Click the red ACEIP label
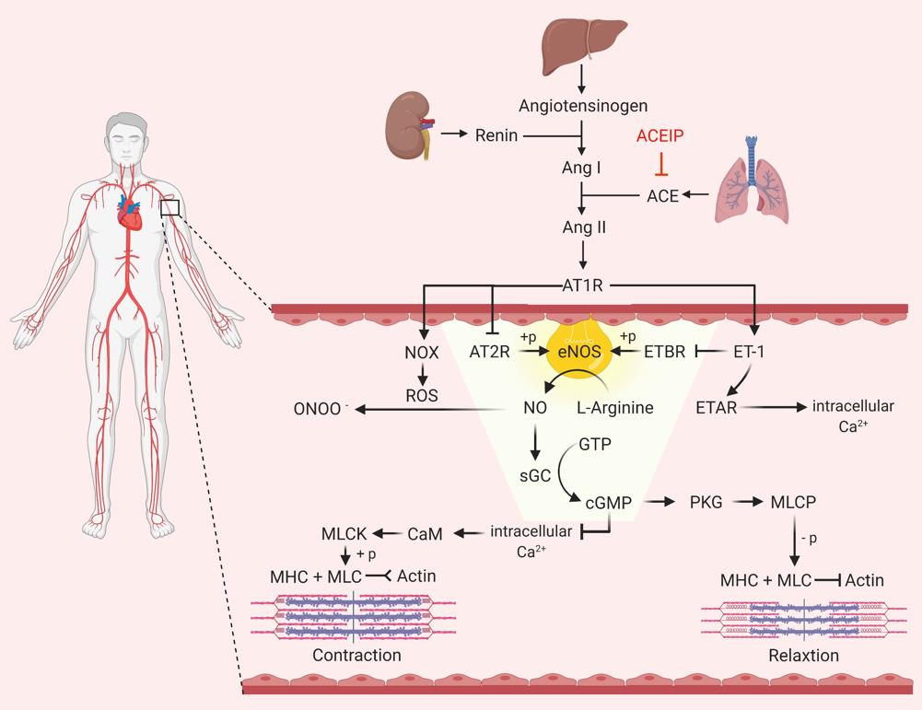(x=659, y=137)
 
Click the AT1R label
(x=582, y=285)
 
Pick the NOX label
(x=420, y=353)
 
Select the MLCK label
(x=344, y=532)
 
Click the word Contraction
(x=356, y=656)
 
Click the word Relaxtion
(x=803, y=656)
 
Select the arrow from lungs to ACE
(x=696, y=195)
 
